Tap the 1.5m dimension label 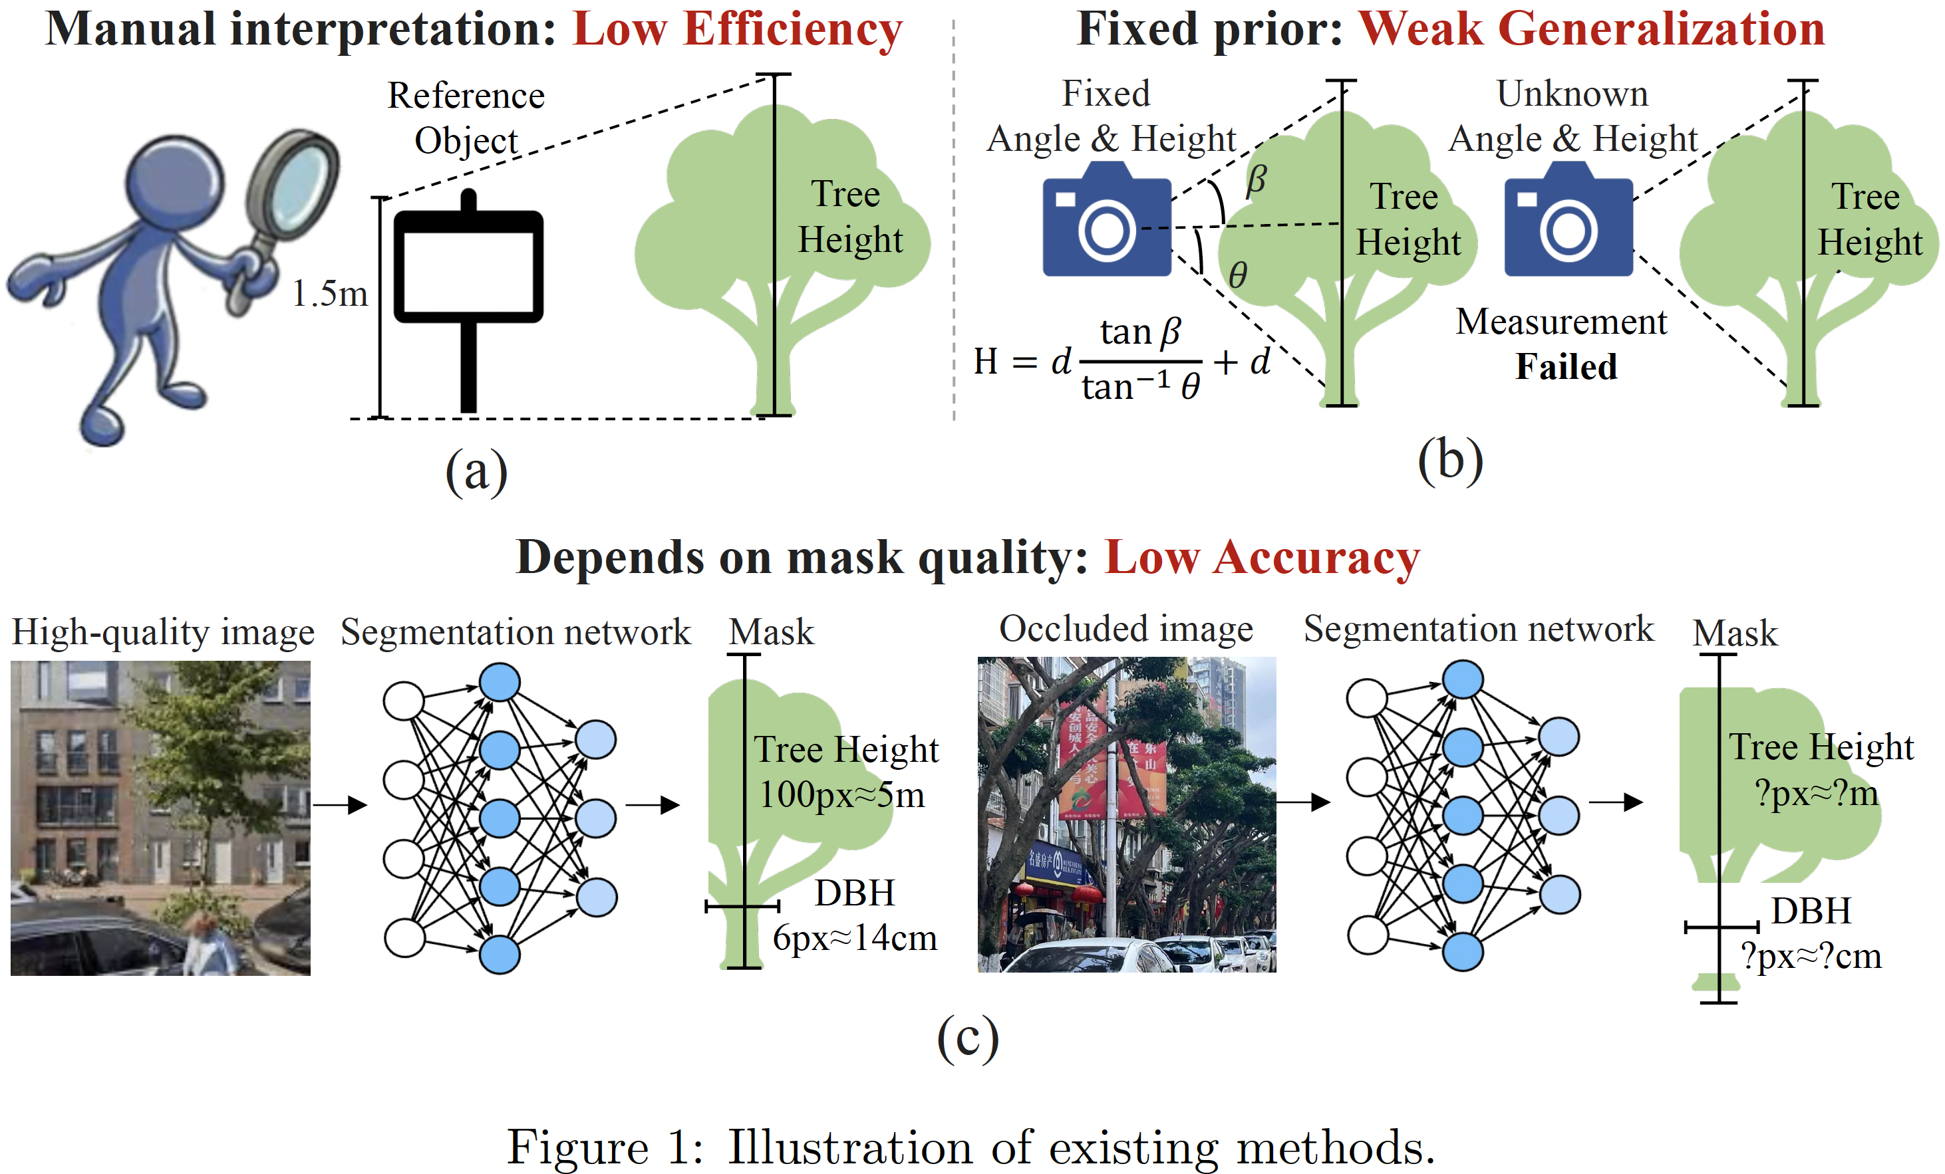coord(330,294)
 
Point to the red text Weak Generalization coord(1591,30)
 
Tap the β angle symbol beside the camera coord(1255,180)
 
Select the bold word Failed coord(1566,367)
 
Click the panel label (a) coord(476,472)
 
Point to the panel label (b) coord(1450,461)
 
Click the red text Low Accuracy coord(1261,558)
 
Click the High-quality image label coord(164,633)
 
